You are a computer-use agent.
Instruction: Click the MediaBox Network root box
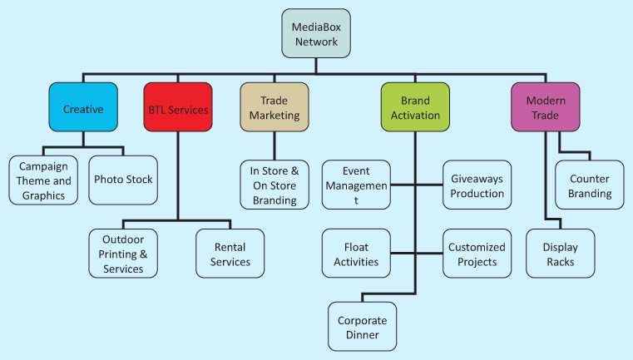tap(316, 33)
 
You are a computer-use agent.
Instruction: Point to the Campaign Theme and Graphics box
tap(43, 180)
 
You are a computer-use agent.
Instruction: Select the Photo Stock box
tap(123, 180)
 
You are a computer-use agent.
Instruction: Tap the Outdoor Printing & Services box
tap(123, 253)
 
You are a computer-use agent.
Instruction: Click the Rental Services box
tap(230, 253)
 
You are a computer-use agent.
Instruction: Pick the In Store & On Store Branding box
tap(274, 185)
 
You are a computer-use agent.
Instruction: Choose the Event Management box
tap(355, 185)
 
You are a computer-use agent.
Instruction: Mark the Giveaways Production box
tap(477, 185)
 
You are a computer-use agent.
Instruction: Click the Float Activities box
tap(355, 254)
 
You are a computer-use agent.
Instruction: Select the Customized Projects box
tap(472, 254)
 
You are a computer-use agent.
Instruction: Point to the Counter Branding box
tap(591, 185)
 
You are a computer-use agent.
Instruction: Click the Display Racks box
tap(561, 254)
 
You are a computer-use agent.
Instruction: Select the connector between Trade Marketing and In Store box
tap(274, 144)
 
